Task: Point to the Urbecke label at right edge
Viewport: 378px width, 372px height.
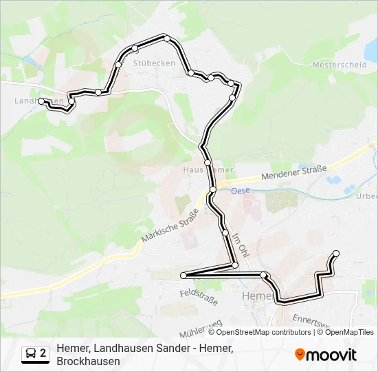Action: (366, 195)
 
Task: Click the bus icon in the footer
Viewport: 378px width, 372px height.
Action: (31, 354)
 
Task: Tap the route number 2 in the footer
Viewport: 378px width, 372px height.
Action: (43, 354)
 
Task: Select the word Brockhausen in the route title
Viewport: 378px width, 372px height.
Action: (89, 361)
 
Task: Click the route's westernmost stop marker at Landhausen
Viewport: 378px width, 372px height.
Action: (42, 101)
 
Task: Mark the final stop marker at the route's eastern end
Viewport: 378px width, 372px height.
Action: (336, 254)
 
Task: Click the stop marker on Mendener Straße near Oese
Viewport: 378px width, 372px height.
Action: (213, 189)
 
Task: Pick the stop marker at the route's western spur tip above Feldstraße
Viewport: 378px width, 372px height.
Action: (184, 276)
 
